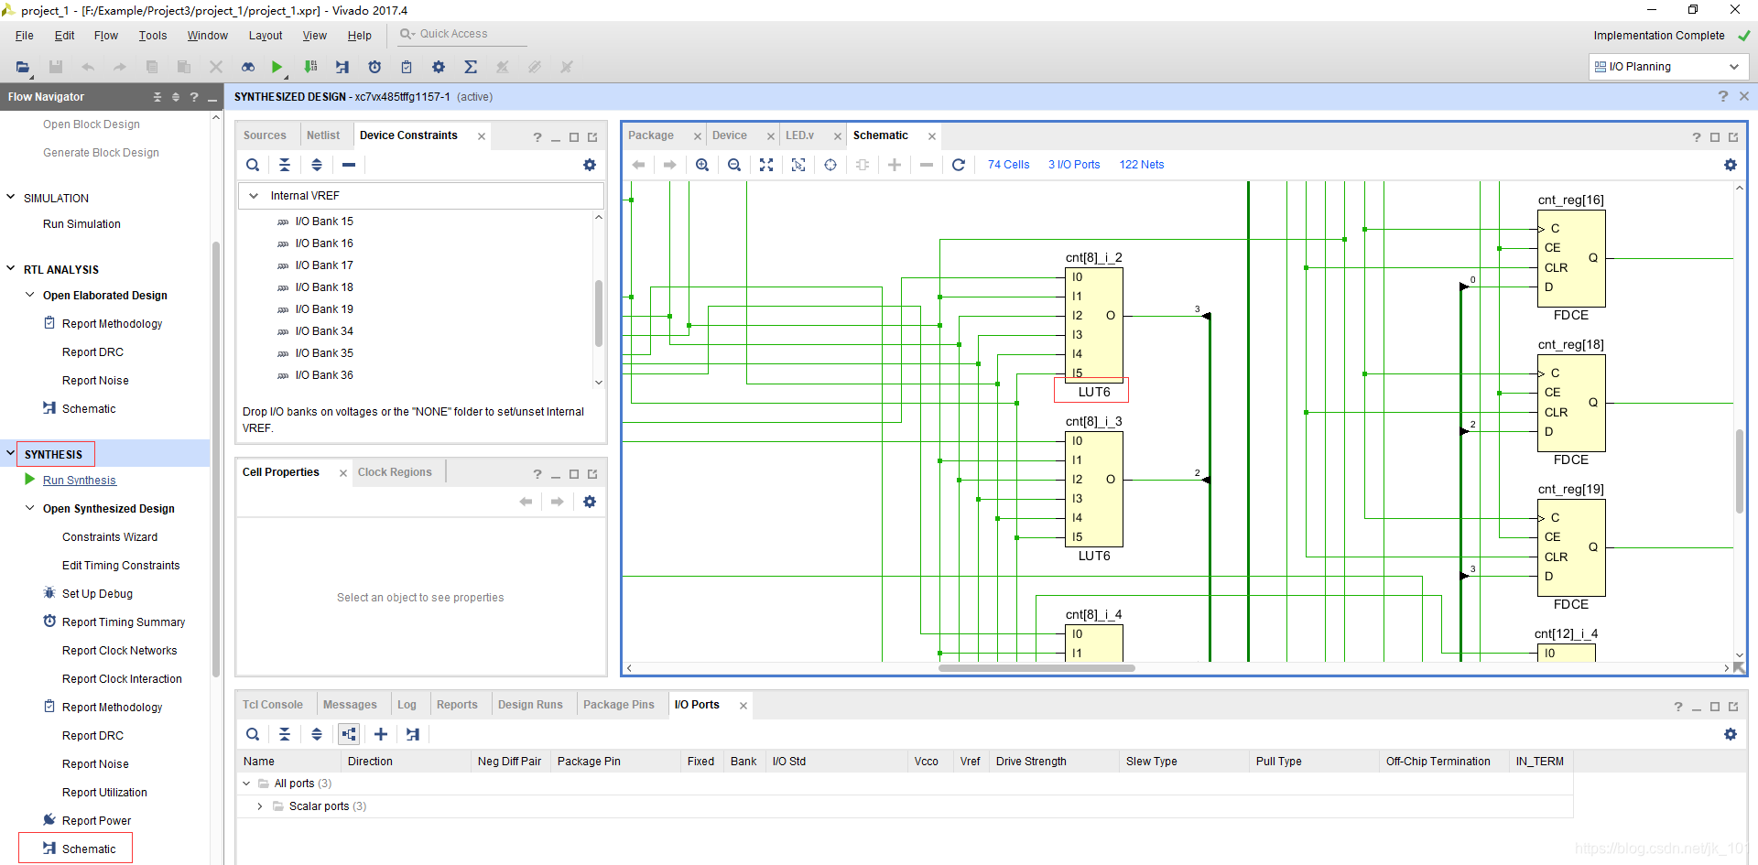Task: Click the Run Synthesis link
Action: (x=79, y=481)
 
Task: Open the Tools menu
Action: (x=152, y=36)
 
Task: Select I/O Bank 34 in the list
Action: (x=323, y=331)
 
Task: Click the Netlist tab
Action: (x=322, y=135)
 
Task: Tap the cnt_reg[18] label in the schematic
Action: (x=1570, y=345)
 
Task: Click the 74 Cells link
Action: (x=1008, y=165)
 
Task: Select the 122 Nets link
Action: (x=1141, y=165)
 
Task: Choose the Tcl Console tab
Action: (x=272, y=705)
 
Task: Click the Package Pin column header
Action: (x=589, y=762)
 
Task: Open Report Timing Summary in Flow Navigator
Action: (x=123, y=622)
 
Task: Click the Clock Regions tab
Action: (x=394, y=472)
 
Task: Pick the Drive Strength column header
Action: (x=1031, y=762)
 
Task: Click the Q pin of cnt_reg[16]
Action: (x=1593, y=258)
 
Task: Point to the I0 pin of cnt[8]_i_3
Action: (x=1077, y=441)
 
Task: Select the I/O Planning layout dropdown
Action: (x=1667, y=67)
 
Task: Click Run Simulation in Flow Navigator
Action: (x=81, y=224)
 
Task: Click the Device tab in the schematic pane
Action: (x=729, y=135)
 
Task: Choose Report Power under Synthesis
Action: (x=96, y=821)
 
